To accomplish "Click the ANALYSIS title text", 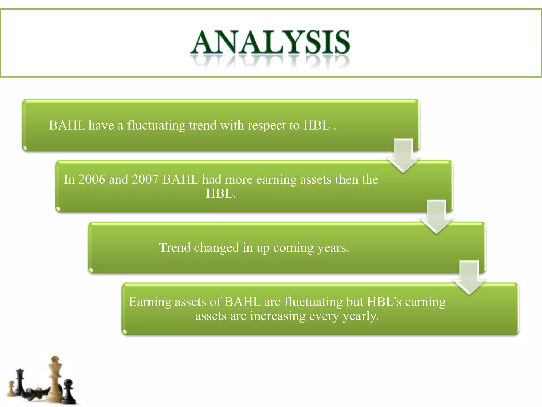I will [270, 42].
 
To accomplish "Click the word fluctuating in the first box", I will [156, 125].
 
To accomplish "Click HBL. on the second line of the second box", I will [221, 193].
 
